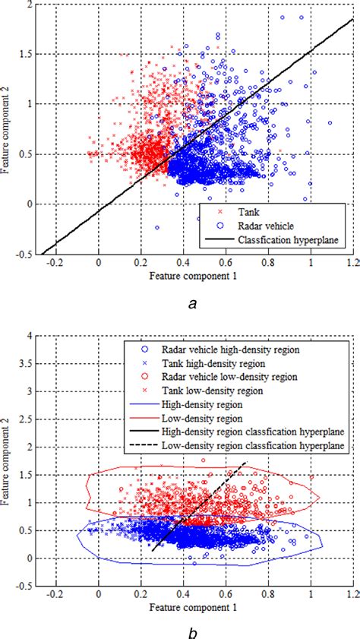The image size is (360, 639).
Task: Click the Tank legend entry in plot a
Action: coord(251,212)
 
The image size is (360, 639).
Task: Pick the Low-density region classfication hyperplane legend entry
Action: coord(270,444)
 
